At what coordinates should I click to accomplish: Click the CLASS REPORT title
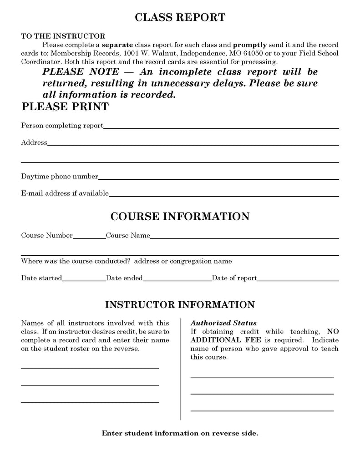coord(180,18)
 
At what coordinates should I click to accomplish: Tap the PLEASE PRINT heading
coord(65,106)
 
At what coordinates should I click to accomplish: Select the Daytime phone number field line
coord(218,178)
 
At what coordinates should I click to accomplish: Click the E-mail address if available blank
coord(224,195)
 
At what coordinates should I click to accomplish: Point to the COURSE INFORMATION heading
coord(180,216)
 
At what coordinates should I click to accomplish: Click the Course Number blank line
coord(89,237)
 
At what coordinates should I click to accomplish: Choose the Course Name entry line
coord(244,237)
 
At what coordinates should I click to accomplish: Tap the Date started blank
coord(84,280)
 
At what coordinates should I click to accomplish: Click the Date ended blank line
coord(177,280)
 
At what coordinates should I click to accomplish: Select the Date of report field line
coord(298,280)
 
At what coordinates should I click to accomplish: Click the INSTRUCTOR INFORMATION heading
coord(180,304)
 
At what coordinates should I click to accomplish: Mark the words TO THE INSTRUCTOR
coord(63,36)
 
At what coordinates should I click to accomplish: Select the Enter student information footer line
coord(180,433)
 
